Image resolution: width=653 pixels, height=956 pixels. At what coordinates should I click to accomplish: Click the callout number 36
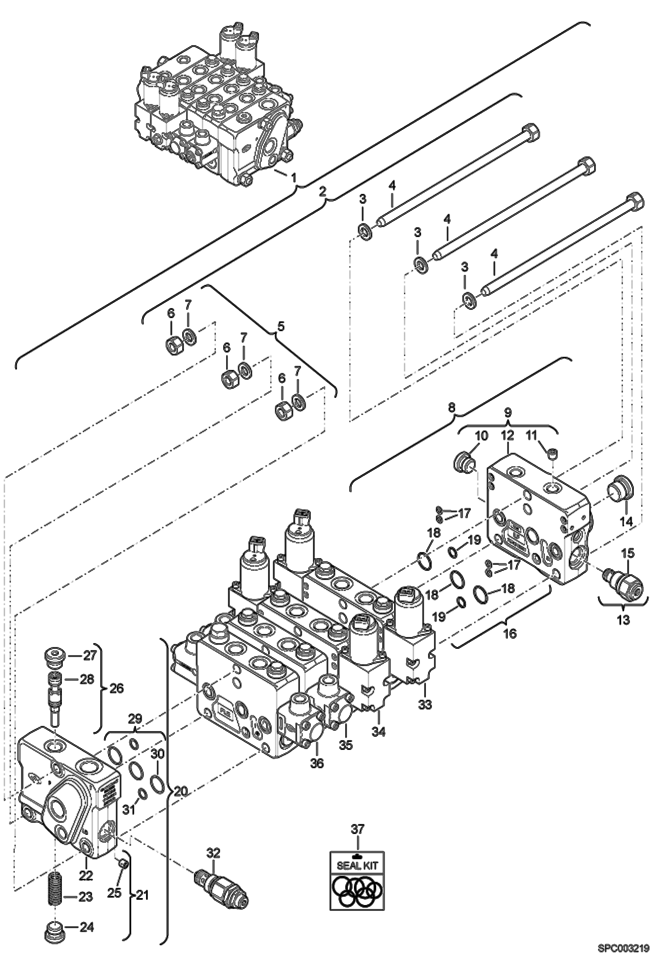(317, 763)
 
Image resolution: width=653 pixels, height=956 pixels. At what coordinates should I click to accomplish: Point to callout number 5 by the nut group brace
(281, 326)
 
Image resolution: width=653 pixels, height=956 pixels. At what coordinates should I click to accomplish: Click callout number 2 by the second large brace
(323, 190)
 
